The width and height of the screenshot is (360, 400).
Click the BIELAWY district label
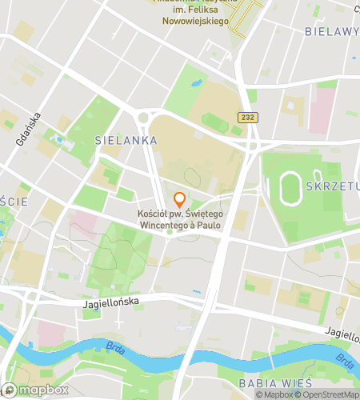[x=331, y=31]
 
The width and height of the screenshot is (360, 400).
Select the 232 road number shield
[x=246, y=118]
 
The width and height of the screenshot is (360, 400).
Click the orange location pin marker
[x=179, y=200]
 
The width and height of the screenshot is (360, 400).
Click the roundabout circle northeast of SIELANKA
[x=143, y=118]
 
